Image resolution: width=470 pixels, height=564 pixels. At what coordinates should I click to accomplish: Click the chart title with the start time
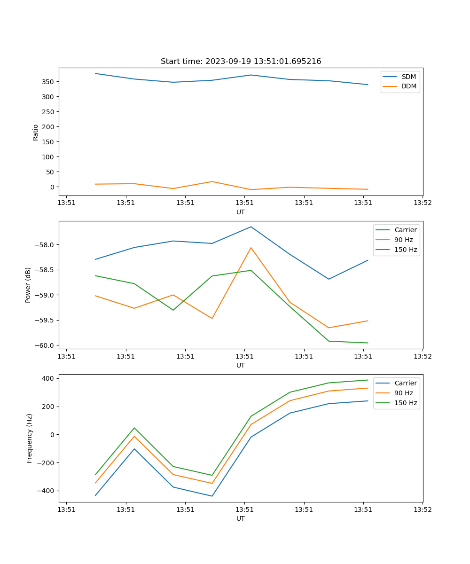[x=241, y=62]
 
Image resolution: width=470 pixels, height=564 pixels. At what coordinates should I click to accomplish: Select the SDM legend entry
[x=408, y=77]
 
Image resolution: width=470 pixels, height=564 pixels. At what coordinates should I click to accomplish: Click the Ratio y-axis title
[x=36, y=132]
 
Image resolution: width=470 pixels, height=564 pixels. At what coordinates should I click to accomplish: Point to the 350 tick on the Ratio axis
[x=48, y=82]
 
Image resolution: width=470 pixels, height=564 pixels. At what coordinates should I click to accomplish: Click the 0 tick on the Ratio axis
[x=53, y=187]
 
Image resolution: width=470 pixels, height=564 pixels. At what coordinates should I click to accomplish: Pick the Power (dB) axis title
[x=28, y=285]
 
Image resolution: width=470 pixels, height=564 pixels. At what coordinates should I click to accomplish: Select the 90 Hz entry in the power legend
[x=404, y=240]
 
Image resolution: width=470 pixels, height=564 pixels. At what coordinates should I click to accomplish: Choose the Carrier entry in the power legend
[x=405, y=230]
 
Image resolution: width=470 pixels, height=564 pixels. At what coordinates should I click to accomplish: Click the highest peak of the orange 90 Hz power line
[x=251, y=248]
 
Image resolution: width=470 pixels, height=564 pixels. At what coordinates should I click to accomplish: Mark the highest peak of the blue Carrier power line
[x=251, y=227]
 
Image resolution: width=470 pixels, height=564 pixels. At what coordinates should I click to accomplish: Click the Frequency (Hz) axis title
[x=30, y=438]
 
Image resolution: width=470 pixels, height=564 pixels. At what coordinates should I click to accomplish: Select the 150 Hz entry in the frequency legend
[x=406, y=403]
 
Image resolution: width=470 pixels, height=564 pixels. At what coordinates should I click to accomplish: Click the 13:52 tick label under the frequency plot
[x=423, y=509]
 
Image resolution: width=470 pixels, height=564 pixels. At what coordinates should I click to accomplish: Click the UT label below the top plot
[x=241, y=212]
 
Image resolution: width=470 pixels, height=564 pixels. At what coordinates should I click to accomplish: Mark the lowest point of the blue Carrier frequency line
[x=212, y=496]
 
